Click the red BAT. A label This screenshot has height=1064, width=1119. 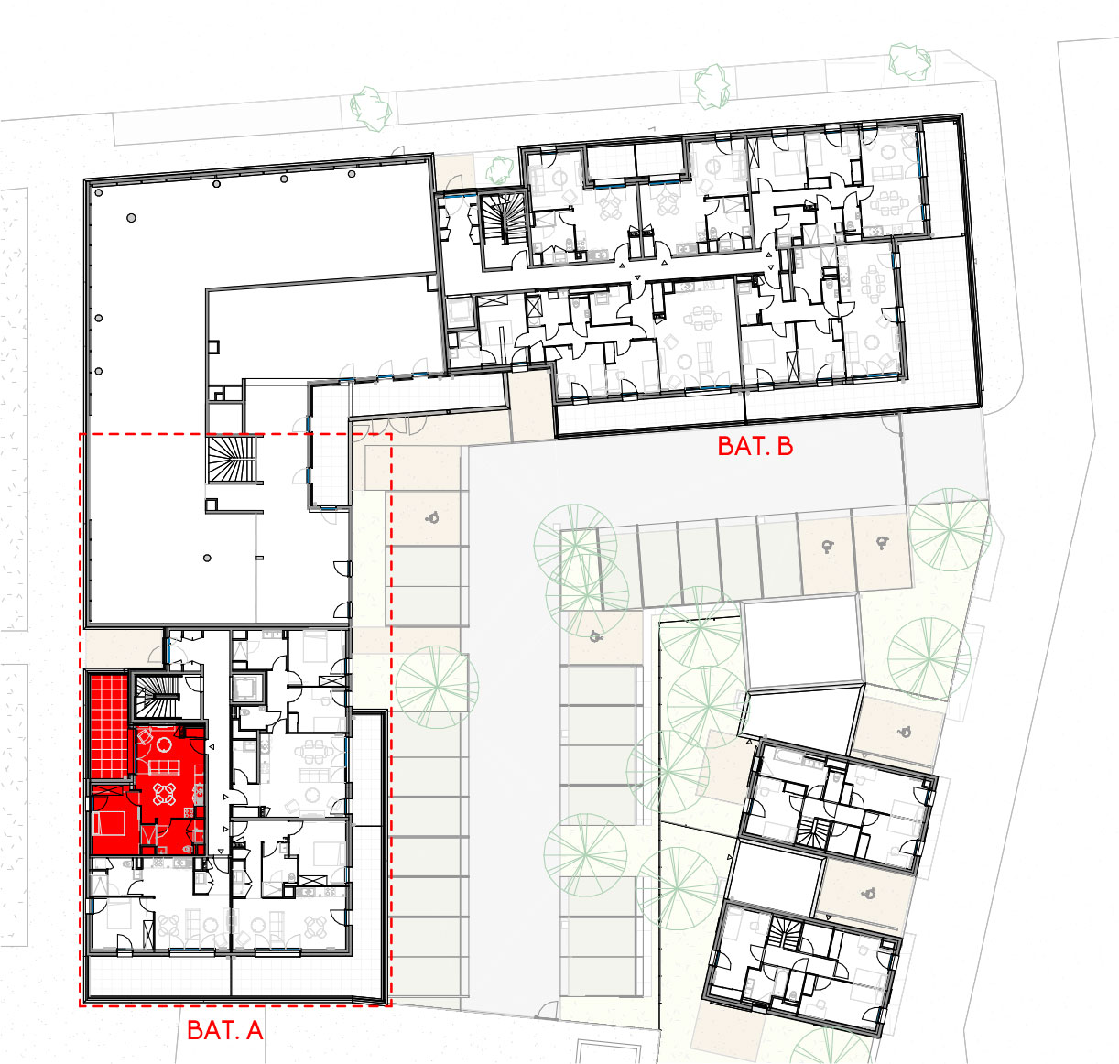225,1030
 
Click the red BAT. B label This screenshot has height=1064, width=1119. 755,446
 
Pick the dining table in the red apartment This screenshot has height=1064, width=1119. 164,794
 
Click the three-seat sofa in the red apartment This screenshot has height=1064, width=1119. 164,766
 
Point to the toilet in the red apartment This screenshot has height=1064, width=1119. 187,849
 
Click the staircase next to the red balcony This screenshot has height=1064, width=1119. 157,696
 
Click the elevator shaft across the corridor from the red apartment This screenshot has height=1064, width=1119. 247,689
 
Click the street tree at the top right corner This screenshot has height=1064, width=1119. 909,61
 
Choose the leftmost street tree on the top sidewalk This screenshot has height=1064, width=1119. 371,109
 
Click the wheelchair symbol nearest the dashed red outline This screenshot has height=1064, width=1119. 432,517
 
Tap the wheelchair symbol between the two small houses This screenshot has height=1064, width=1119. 868,895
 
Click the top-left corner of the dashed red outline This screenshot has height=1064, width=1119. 81,434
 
